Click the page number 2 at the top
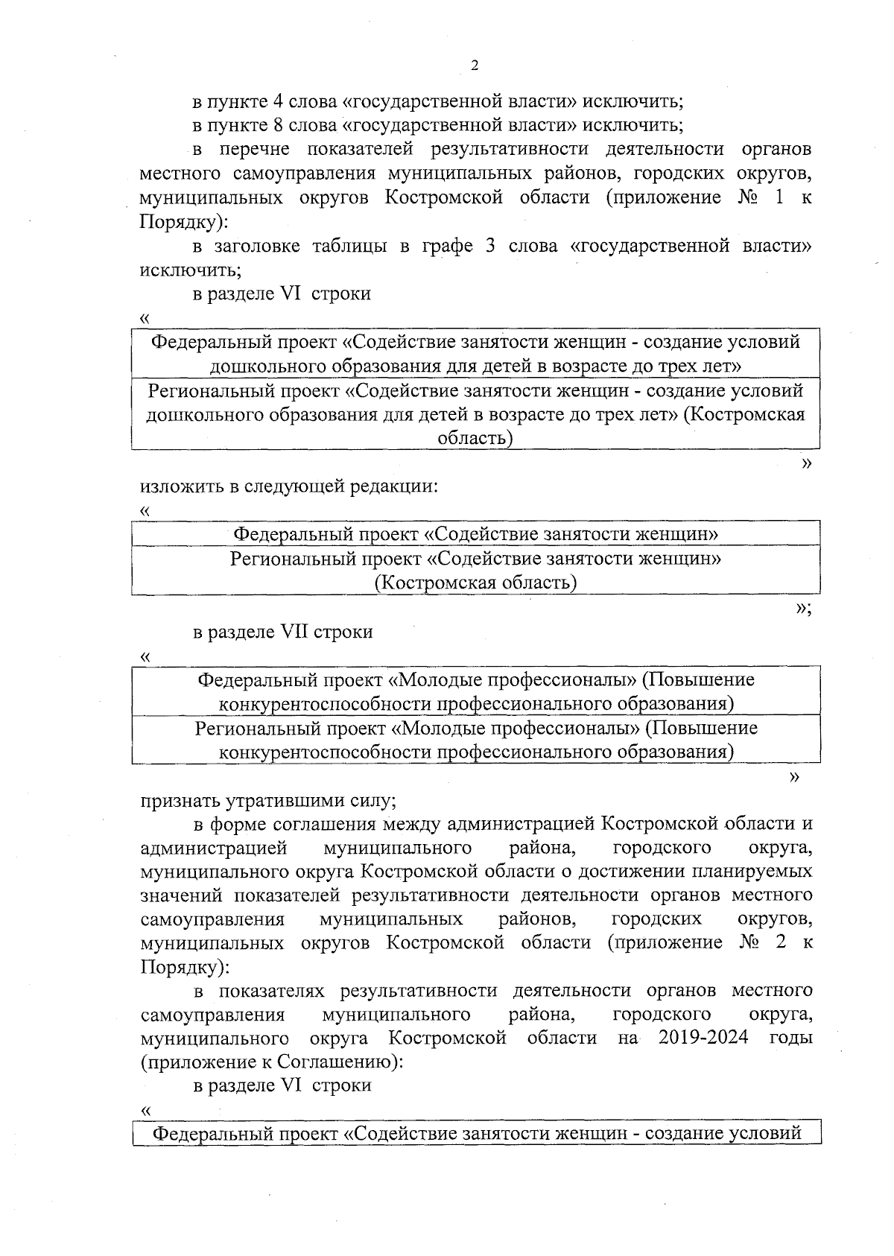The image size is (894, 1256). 475,66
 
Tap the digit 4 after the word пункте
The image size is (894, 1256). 274,101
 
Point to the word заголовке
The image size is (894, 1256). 257,246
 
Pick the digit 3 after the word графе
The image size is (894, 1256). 490,246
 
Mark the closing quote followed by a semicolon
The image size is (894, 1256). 802,608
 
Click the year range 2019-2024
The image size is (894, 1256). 703,1038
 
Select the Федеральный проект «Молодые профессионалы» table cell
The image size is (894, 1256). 476,691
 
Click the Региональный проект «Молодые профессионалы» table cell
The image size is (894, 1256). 476,739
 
